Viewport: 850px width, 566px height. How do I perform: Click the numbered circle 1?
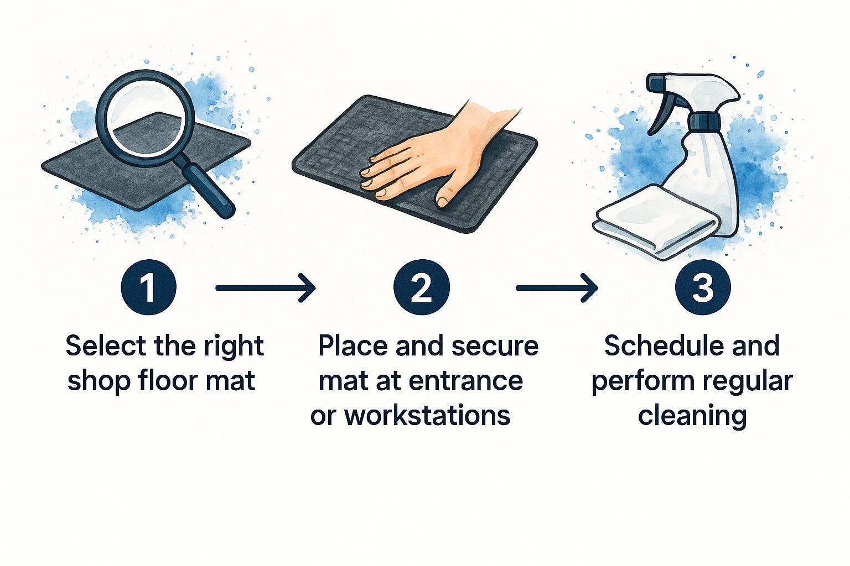click(x=148, y=287)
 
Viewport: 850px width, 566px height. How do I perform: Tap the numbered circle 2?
click(x=422, y=287)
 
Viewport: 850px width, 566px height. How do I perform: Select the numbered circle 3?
click(x=703, y=287)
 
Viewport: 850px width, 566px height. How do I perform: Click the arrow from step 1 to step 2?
click(x=266, y=288)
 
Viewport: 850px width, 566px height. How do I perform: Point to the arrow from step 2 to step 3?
click(x=557, y=288)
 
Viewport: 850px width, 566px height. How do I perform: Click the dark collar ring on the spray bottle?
click(x=704, y=120)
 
